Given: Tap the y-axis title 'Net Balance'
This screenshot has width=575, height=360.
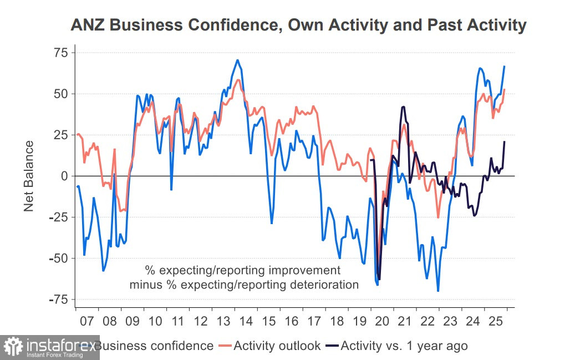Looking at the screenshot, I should coord(29,176).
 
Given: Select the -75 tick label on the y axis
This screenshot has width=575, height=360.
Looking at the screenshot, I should coord(58,300).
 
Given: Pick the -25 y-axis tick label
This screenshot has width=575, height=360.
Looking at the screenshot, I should coord(58,217).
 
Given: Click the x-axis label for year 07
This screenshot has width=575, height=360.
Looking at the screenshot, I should coord(86,321).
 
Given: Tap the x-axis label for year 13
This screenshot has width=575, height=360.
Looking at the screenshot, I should coord(223,321).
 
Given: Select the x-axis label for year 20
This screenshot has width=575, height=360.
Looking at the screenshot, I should coord(383,321).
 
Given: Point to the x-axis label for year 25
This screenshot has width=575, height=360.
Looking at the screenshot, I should coord(496,321).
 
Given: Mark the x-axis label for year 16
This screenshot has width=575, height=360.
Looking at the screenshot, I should coord(292,321).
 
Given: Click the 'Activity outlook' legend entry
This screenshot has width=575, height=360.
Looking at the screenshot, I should coord(277,346).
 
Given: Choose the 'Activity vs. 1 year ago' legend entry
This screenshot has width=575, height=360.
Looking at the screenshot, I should coord(404,346).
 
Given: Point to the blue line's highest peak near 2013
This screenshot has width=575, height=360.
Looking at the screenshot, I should coord(237,60).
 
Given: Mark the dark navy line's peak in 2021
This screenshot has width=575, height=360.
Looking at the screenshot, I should coord(403,107).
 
